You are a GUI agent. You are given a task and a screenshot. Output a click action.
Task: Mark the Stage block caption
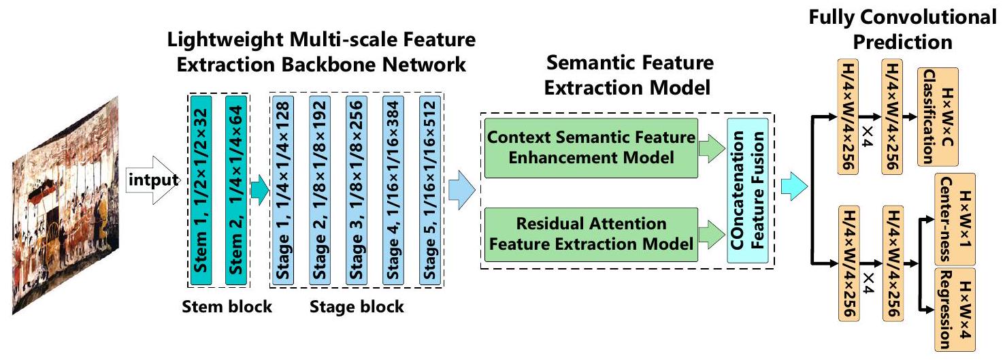pyautogui.click(x=357, y=307)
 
